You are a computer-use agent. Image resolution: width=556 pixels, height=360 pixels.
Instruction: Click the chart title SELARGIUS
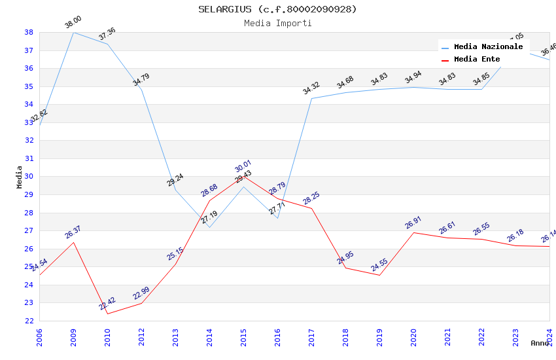pos(278,9)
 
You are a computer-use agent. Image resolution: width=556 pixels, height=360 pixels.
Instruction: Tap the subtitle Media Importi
pos(278,23)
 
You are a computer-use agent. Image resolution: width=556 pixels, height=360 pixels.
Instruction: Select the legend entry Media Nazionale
pos(488,47)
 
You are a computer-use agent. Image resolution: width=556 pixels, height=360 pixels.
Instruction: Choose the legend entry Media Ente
pos(477,60)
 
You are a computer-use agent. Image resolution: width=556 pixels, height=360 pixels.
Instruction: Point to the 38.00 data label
pos(73,23)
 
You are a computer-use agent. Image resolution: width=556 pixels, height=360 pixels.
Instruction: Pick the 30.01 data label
pos(243,166)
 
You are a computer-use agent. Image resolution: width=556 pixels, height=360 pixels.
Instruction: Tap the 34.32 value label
pos(311,88)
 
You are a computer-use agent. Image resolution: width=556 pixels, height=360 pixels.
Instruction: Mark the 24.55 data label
pos(379,265)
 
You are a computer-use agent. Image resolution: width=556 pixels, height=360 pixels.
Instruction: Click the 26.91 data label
pos(413,223)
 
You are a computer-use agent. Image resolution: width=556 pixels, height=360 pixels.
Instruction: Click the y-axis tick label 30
pos(29,177)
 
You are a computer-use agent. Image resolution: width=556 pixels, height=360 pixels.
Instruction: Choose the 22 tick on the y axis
pos(29,321)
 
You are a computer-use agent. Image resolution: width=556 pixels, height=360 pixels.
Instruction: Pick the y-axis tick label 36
pos(29,68)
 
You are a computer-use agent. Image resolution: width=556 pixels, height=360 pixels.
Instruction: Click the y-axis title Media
pos(19,177)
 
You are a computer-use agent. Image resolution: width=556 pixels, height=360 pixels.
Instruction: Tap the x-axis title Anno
pos(540,343)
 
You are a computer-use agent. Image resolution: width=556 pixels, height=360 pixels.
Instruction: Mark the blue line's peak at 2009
pos(73,32)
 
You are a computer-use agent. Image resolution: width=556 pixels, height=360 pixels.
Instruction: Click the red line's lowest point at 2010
pos(107,314)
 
